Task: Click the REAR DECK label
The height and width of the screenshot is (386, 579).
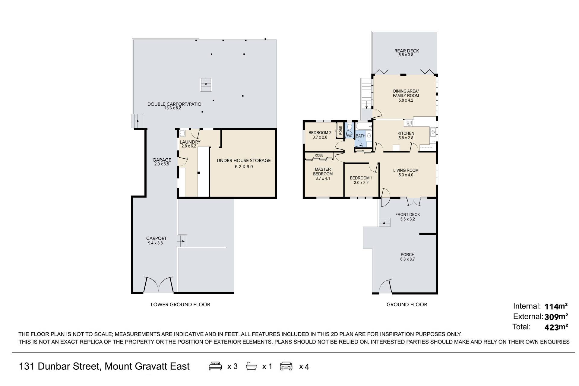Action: click(407, 51)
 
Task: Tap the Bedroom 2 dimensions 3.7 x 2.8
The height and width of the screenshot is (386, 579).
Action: click(320, 137)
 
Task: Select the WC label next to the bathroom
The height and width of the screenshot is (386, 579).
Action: click(350, 136)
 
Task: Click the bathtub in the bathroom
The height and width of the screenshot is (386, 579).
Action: click(364, 126)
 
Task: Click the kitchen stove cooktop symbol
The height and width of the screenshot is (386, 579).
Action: click(409, 123)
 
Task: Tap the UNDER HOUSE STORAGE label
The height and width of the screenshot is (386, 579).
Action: click(244, 160)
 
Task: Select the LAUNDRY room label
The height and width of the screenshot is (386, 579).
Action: click(190, 142)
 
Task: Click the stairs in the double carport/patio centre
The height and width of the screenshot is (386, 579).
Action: click(206, 85)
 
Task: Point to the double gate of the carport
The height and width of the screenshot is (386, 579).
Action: click(159, 285)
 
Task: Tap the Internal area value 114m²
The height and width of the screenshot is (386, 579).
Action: click(556, 306)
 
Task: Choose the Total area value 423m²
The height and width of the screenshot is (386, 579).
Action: click(556, 327)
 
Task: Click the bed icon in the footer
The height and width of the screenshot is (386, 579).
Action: click(215, 366)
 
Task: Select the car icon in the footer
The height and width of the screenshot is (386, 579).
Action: click(286, 366)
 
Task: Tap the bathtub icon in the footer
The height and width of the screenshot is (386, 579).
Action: click(252, 366)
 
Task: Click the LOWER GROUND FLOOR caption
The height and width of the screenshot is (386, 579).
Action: click(180, 305)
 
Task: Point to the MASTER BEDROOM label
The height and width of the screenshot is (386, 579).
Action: click(323, 172)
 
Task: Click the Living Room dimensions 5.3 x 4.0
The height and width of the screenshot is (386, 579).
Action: click(406, 175)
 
